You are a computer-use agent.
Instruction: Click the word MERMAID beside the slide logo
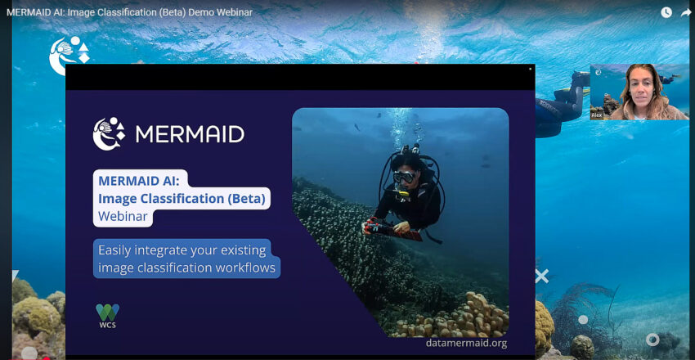(x=190, y=134)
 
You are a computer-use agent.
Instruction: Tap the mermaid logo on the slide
(x=109, y=133)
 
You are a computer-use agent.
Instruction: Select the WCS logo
(x=107, y=316)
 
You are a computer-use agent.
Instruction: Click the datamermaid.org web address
(x=466, y=343)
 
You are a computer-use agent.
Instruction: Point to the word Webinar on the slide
(x=123, y=216)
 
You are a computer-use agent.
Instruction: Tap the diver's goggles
(x=404, y=177)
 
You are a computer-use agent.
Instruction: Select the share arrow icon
(x=685, y=12)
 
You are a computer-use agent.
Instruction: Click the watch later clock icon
(x=666, y=12)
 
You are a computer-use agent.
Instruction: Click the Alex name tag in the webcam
(x=596, y=115)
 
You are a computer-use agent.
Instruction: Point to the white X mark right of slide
(x=541, y=276)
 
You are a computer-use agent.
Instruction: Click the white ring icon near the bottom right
(x=652, y=340)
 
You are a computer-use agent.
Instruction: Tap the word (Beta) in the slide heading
(x=246, y=199)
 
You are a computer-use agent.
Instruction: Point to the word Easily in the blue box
(x=114, y=251)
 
